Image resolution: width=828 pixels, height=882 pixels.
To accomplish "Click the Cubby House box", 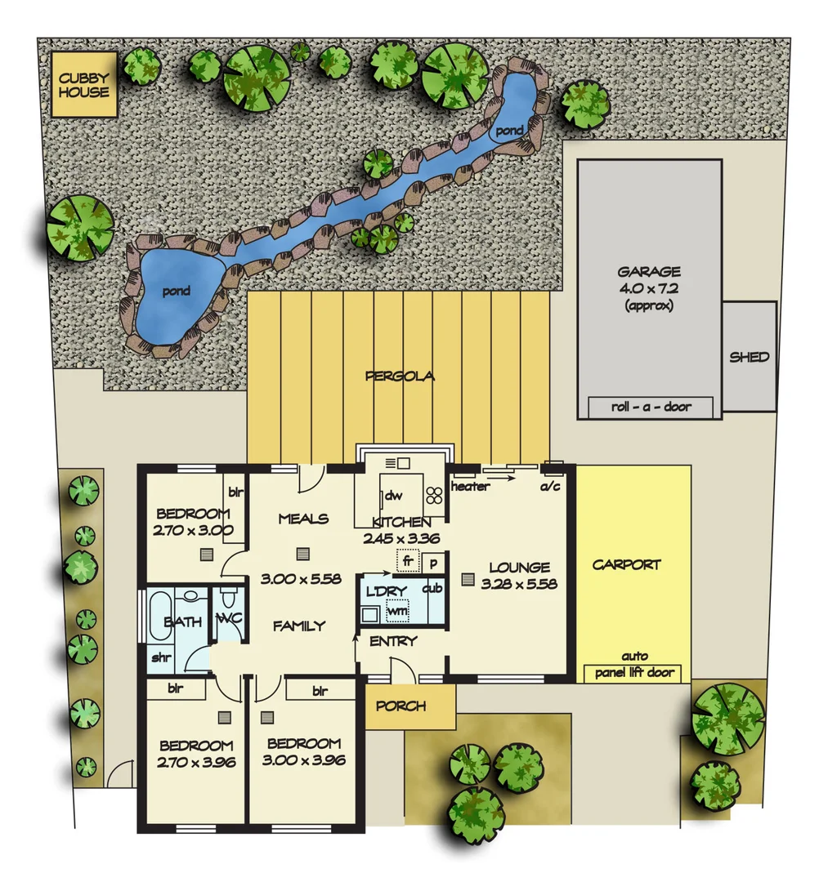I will [84, 85].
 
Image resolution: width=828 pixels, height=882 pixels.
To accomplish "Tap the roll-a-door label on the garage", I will [651, 407].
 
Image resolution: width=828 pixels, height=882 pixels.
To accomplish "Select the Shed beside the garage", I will [749, 357].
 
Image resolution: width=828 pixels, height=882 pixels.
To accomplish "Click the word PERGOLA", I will [401, 376].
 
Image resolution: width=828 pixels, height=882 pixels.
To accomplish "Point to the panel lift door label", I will [634, 672].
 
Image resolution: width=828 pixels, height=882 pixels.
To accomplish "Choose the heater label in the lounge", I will [470, 487].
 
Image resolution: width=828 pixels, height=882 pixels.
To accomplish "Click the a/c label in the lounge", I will [553, 487].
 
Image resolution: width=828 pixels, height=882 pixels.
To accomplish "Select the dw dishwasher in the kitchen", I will [394, 495].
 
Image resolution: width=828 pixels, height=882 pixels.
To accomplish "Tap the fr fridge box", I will [407, 562].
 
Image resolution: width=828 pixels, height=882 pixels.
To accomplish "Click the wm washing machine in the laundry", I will [397, 611].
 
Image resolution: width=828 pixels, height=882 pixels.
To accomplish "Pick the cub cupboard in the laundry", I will [432, 588].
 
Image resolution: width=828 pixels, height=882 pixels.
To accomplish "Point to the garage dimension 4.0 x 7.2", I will [649, 288].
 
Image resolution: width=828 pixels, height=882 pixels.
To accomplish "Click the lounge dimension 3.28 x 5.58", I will [519, 584].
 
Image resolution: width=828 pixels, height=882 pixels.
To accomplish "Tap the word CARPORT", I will [626, 564].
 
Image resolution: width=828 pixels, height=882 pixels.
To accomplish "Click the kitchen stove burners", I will [432, 493].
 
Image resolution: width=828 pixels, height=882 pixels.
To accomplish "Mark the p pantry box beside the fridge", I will [431, 563].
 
